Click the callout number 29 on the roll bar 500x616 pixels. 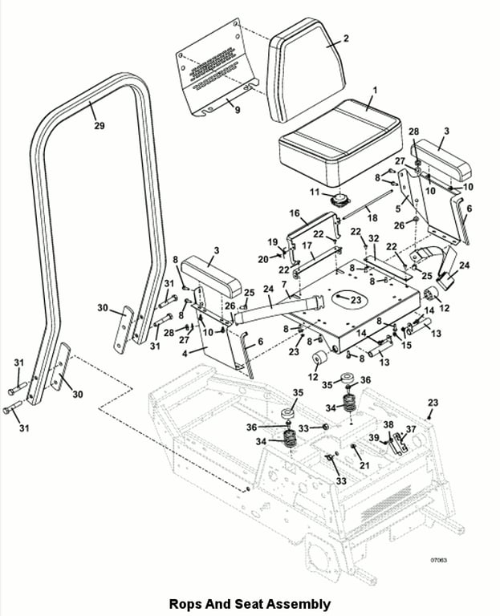click(99, 126)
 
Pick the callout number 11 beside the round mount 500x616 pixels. click(315, 193)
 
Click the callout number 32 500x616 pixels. click(373, 238)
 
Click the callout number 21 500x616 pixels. click(365, 464)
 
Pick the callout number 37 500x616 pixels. click(412, 430)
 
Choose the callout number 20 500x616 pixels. click(262, 258)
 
